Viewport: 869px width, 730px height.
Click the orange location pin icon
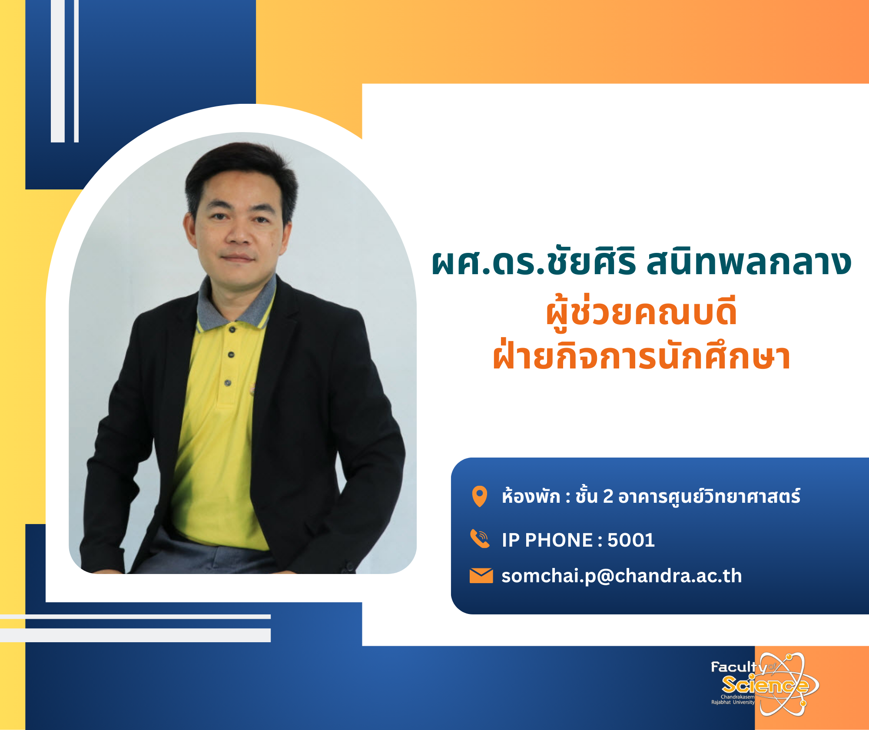click(x=480, y=496)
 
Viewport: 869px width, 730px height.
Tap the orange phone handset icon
click(x=480, y=539)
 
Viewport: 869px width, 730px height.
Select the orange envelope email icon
click(x=481, y=575)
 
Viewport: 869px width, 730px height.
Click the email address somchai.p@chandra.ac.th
click(x=622, y=577)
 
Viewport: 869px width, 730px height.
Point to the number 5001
click(x=631, y=540)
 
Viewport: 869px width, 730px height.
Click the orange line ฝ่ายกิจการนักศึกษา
click(x=641, y=356)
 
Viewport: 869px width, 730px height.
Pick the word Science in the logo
click(x=765, y=685)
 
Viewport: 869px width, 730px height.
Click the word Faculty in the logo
click(x=738, y=667)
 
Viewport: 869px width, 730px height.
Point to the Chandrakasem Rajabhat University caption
click(x=733, y=699)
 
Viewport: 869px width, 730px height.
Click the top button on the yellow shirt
click(x=232, y=329)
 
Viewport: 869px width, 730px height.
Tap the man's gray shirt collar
click(x=237, y=304)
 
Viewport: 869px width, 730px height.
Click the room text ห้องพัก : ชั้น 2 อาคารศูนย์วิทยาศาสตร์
click(x=651, y=496)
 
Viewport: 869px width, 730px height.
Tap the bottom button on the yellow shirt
click(x=228, y=383)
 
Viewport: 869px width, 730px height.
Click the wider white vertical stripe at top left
click(x=58, y=71)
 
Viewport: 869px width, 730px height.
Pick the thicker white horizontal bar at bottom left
click(x=135, y=635)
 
